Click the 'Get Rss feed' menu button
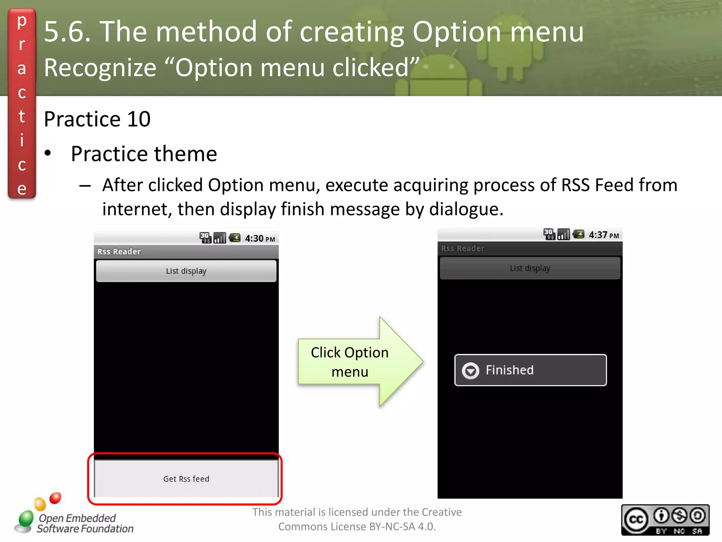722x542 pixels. click(x=186, y=478)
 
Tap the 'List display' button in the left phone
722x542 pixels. click(x=186, y=271)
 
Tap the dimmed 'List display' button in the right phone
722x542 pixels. click(x=530, y=268)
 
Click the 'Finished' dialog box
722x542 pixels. click(x=531, y=370)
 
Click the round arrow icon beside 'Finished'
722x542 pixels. click(x=471, y=371)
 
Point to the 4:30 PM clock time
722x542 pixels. click(x=260, y=239)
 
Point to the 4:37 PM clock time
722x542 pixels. click(x=604, y=235)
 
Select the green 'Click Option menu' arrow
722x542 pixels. click(x=360, y=362)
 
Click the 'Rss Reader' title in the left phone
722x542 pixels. click(x=119, y=252)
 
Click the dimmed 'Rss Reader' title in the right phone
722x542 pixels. click(x=463, y=248)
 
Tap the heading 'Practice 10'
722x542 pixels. click(x=97, y=119)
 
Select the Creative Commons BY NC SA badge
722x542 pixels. click(x=665, y=520)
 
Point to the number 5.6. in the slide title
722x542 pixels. click(x=67, y=32)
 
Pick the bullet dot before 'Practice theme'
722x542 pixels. click(x=48, y=153)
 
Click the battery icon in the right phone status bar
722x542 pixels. click(x=579, y=234)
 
